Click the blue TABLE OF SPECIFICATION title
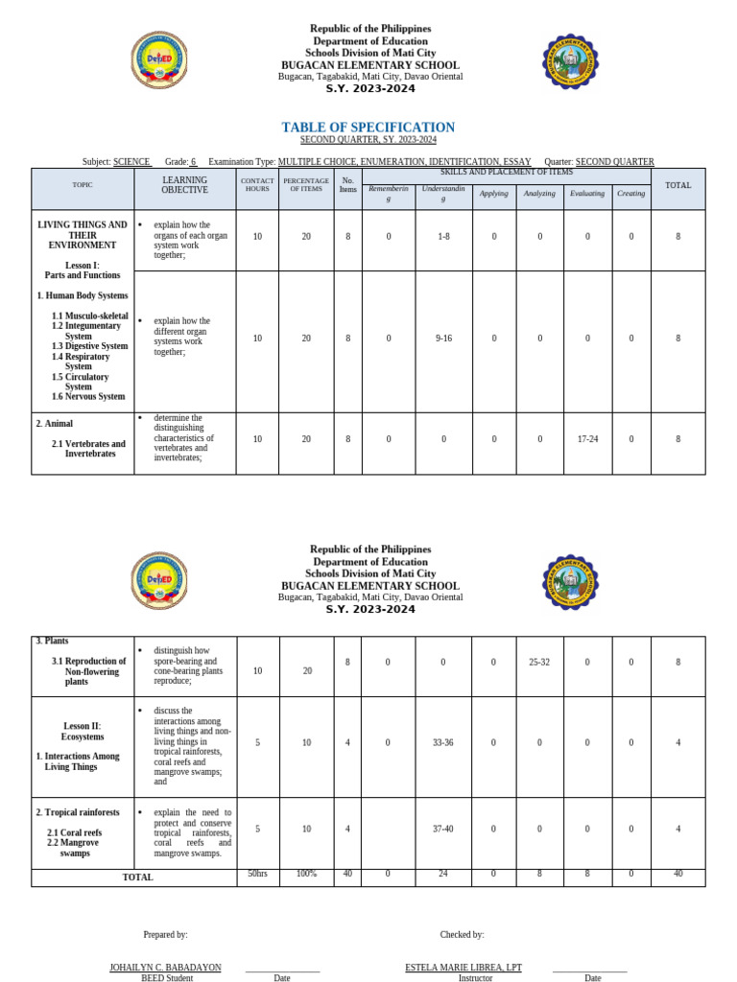368,128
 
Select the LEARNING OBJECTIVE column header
184,185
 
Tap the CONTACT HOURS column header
257,185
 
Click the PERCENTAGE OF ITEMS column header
306,185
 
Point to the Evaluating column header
587,194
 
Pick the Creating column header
631,194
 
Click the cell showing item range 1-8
442,236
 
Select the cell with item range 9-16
442,338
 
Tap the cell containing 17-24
587,438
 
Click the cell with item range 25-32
540,662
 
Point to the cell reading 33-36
442,742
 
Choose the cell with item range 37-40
442,829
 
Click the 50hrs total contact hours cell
257,874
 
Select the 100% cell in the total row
306,874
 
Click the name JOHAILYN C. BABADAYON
165,968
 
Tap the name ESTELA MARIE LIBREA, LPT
464,968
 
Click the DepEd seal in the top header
158,63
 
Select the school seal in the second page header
571,581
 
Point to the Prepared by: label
165,934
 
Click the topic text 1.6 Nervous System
88,397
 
